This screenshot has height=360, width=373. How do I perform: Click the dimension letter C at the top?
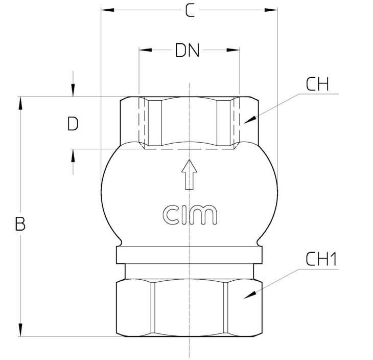click(x=190, y=11)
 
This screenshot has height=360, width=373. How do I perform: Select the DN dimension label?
click(x=187, y=50)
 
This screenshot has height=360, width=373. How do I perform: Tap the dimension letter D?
click(x=73, y=124)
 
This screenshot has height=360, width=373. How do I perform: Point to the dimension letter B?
click(x=20, y=224)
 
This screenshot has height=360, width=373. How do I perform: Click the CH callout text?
click(x=317, y=84)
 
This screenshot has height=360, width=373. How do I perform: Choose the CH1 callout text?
click(x=321, y=259)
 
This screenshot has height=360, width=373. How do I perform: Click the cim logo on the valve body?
click(x=190, y=215)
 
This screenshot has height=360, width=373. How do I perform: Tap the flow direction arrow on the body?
click(x=189, y=174)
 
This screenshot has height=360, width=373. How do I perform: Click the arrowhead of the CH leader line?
click(x=250, y=120)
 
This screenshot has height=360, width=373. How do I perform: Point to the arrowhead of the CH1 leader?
click(x=250, y=295)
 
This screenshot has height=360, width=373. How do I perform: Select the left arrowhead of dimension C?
click(x=107, y=10)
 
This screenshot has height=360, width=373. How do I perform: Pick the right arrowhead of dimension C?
click(x=271, y=10)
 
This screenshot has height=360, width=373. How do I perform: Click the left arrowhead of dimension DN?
click(x=146, y=50)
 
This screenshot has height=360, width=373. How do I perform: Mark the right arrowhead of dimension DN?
click(x=233, y=50)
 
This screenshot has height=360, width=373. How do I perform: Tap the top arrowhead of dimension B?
click(x=21, y=103)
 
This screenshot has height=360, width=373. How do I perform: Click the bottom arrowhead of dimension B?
click(x=21, y=330)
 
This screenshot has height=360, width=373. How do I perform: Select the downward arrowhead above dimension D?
click(x=73, y=90)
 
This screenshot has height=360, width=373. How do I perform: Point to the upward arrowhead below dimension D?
click(x=73, y=156)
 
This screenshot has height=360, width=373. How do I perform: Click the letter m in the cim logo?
click(x=205, y=215)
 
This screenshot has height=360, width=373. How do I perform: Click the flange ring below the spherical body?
click(x=189, y=255)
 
